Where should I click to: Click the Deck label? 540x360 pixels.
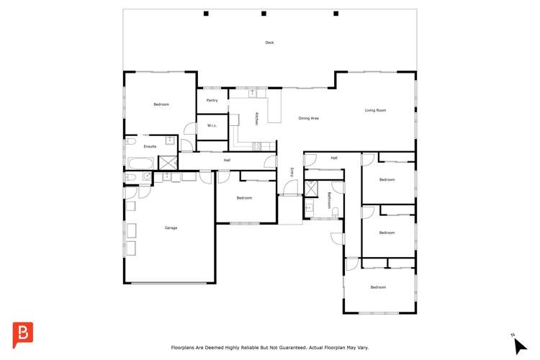pos(269,42)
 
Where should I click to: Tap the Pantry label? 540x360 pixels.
pos(212,100)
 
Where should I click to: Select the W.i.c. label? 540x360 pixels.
pos(212,125)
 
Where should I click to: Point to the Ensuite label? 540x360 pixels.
pos(150,146)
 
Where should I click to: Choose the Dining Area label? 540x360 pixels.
pos(309,118)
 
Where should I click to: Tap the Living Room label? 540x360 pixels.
pos(375,110)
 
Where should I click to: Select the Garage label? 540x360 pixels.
pos(171,228)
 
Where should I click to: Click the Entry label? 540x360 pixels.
pos(292,172)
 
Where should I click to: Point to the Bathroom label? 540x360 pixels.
pos(329,199)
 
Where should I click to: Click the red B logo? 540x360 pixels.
pos(23,335)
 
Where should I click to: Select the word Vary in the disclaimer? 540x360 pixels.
pos(361,347)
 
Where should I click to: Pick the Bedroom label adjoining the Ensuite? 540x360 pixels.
pos(161,104)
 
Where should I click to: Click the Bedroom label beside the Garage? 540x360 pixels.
pos(244,197)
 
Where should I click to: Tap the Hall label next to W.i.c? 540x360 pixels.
pos(227,160)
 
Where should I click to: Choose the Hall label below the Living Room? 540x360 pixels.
pos(334,158)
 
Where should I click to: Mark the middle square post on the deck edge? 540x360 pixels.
pos(264,13)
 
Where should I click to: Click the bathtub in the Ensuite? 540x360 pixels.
pos(139,163)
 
